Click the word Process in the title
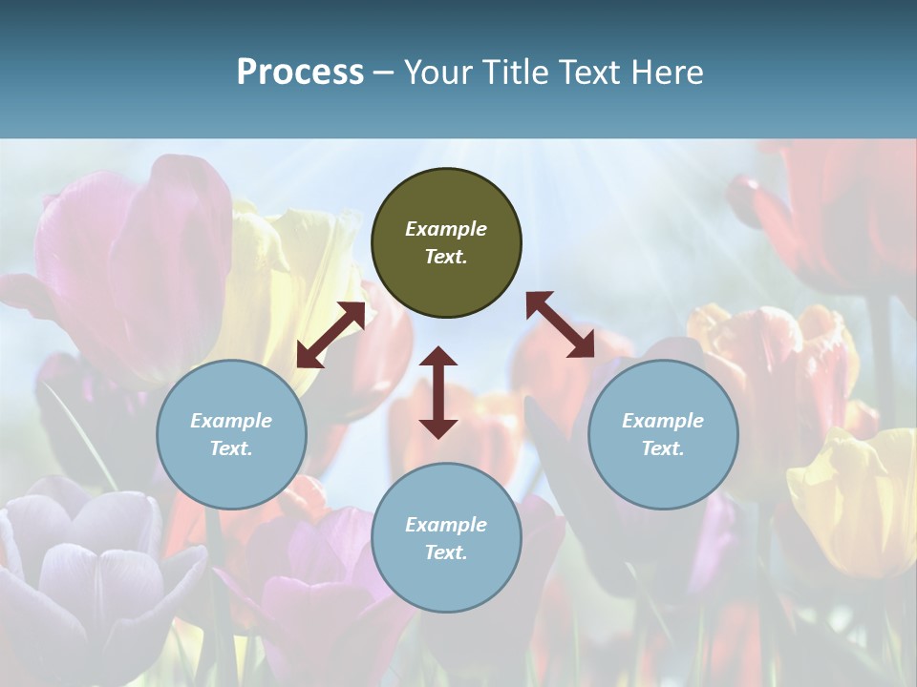[300, 73]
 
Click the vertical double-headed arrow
[438, 393]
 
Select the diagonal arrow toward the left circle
[331, 335]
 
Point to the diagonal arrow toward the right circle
[561, 324]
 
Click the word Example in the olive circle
[446, 229]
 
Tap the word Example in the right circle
[663, 421]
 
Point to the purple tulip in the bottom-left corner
[86, 572]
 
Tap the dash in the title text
[383, 73]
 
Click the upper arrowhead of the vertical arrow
[438, 358]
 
